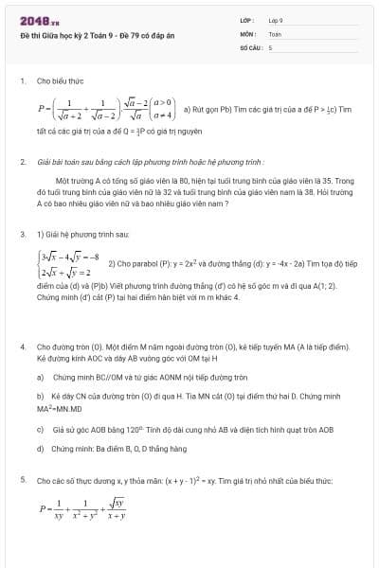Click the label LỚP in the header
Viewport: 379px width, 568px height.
[x=247, y=19]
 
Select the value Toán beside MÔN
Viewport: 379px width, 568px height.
[x=275, y=32]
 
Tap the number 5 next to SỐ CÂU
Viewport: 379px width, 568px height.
[x=270, y=45]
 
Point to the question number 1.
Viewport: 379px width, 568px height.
[x=23, y=81]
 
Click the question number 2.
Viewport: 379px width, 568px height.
[x=23, y=163]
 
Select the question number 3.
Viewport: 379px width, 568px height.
[x=23, y=233]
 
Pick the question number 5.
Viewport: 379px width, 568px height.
[x=23, y=481]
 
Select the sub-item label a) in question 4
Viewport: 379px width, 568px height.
[x=40, y=376]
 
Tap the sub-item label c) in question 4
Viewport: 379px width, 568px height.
[x=40, y=429]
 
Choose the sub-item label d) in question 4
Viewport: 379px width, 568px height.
[x=40, y=448]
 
